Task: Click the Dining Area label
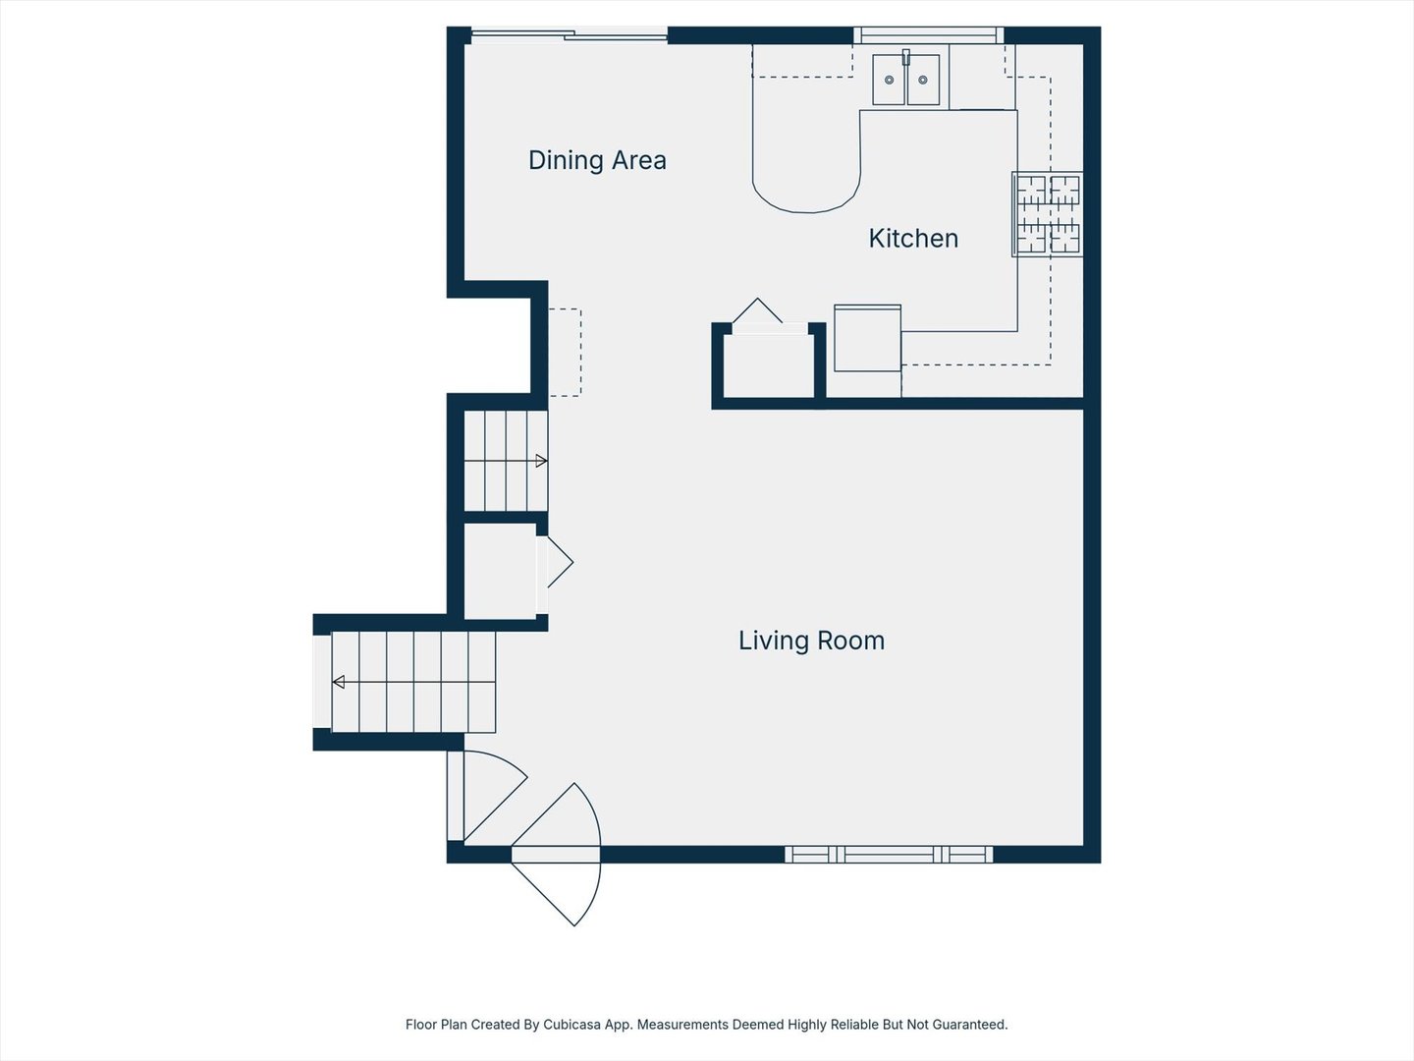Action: pyautogui.click(x=597, y=160)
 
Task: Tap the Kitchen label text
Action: pyautogui.click(x=913, y=239)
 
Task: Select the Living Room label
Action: pyautogui.click(x=811, y=641)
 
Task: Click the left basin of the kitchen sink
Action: pyautogui.click(x=889, y=80)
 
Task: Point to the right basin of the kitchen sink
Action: pyautogui.click(x=923, y=80)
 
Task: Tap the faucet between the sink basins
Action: pyautogui.click(x=906, y=57)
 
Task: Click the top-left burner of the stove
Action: pyautogui.click(x=1031, y=190)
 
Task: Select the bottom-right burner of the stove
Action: pyautogui.click(x=1064, y=238)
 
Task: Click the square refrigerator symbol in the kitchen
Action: pyautogui.click(x=867, y=338)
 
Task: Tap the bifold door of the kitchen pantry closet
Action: pyautogui.click(x=758, y=312)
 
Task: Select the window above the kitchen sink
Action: pyautogui.click(x=928, y=36)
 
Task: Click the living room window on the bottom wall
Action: pyautogui.click(x=889, y=855)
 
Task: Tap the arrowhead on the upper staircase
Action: pyautogui.click(x=540, y=461)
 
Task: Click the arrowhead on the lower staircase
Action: pyautogui.click(x=339, y=682)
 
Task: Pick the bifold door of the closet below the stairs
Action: pyautogui.click(x=557, y=562)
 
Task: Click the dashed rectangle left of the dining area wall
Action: pyautogui.click(x=565, y=353)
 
